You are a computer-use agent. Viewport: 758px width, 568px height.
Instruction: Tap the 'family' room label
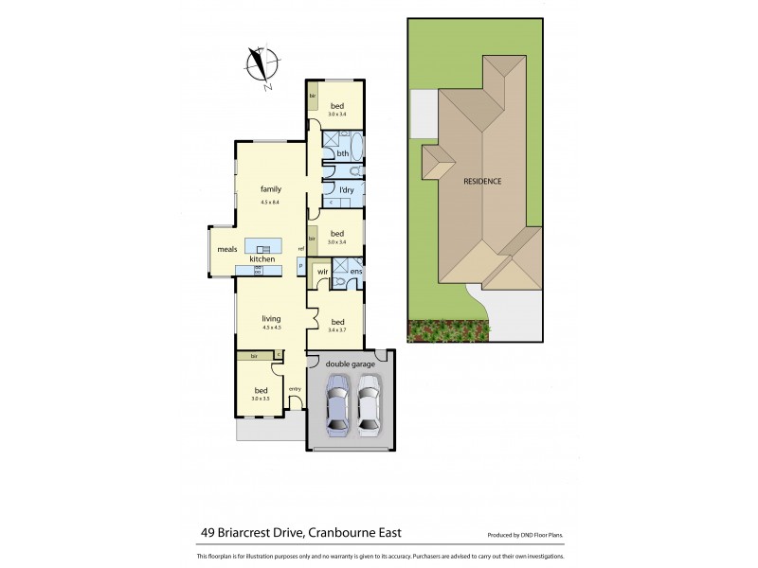pyautogui.click(x=272, y=189)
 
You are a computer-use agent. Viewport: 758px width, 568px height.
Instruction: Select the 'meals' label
pyautogui.click(x=226, y=250)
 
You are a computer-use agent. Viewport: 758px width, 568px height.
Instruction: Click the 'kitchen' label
pyautogui.click(x=262, y=259)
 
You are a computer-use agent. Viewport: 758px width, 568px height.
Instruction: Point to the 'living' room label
pyautogui.click(x=272, y=318)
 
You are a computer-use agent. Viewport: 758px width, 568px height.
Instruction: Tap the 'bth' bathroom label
pyautogui.click(x=343, y=153)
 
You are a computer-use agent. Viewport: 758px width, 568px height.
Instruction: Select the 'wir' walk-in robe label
pyautogui.click(x=322, y=271)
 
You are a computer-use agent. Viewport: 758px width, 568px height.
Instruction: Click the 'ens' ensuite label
pyautogui.click(x=355, y=272)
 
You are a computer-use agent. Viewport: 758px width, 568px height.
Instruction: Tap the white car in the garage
pyautogui.click(x=368, y=405)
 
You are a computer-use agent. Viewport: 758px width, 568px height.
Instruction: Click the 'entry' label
pyautogui.click(x=295, y=388)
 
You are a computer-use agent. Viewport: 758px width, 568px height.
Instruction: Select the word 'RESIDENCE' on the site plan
pyautogui.click(x=481, y=181)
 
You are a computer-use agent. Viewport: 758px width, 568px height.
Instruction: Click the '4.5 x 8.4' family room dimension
pyautogui.click(x=272, y=203)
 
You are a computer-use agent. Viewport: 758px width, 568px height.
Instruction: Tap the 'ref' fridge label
pyautogui.click(x=300, y=249)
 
